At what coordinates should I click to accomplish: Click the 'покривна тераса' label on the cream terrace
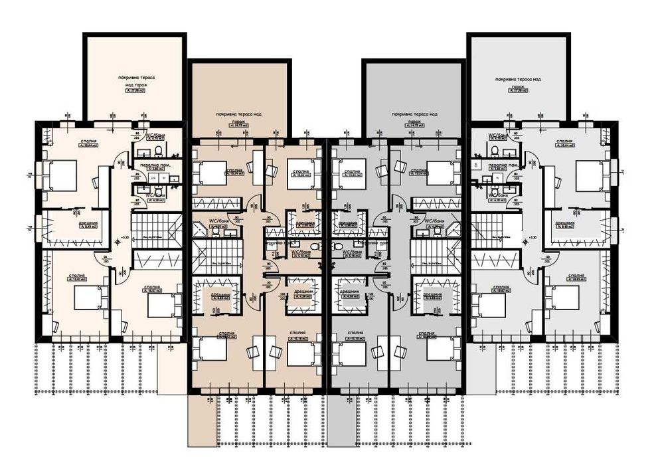tap(133, 78)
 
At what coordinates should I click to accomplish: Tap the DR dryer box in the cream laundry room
tap(154, 177)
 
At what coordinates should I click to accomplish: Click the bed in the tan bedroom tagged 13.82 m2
tap(302, 170)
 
